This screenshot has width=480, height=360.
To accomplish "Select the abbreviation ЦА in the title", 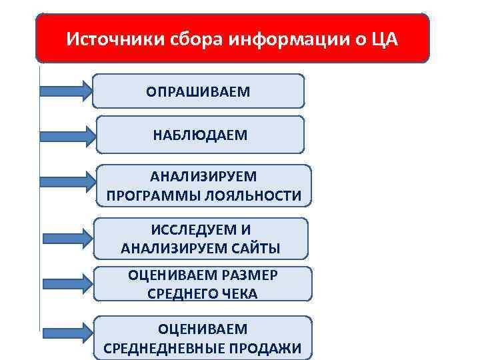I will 384,39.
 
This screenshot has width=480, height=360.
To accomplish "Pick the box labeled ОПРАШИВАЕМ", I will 199,91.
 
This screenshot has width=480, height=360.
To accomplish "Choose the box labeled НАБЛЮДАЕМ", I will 200,135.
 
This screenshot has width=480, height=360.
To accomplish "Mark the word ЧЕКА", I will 238,294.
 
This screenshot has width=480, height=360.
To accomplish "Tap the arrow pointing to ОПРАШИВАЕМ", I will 65,91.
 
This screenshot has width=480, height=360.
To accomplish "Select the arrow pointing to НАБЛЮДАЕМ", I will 67,136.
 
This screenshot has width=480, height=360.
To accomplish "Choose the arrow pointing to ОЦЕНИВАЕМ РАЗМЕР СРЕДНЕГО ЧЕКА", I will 67,283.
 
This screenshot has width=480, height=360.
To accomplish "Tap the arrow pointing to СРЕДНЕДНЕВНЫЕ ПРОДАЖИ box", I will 67,331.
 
